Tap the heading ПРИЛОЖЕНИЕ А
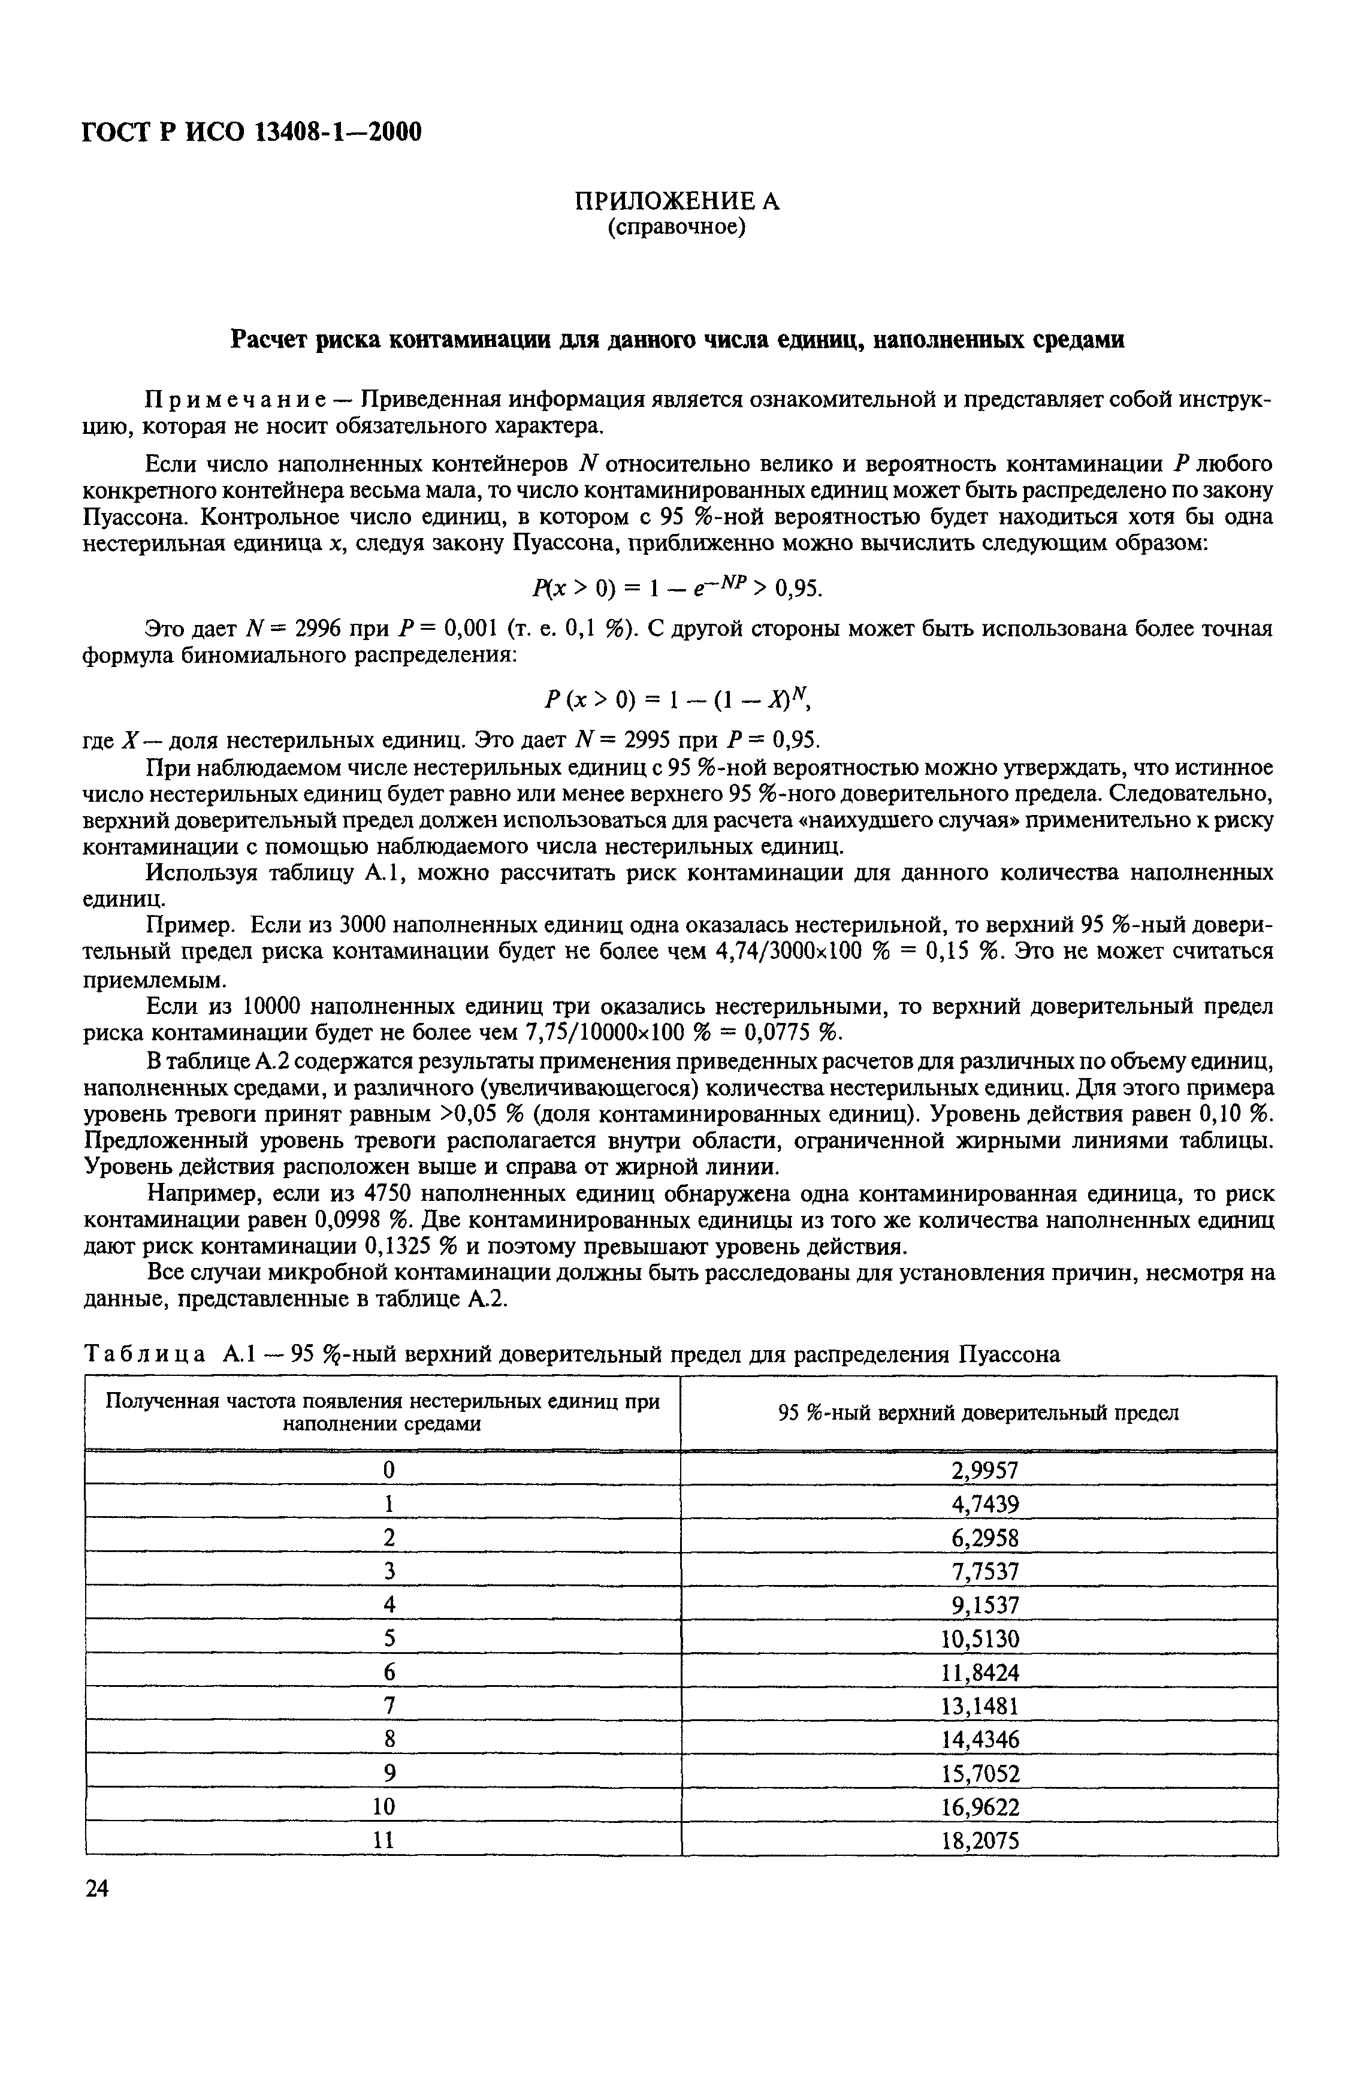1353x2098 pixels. (676, 201)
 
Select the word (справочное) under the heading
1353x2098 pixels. (676, 228)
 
